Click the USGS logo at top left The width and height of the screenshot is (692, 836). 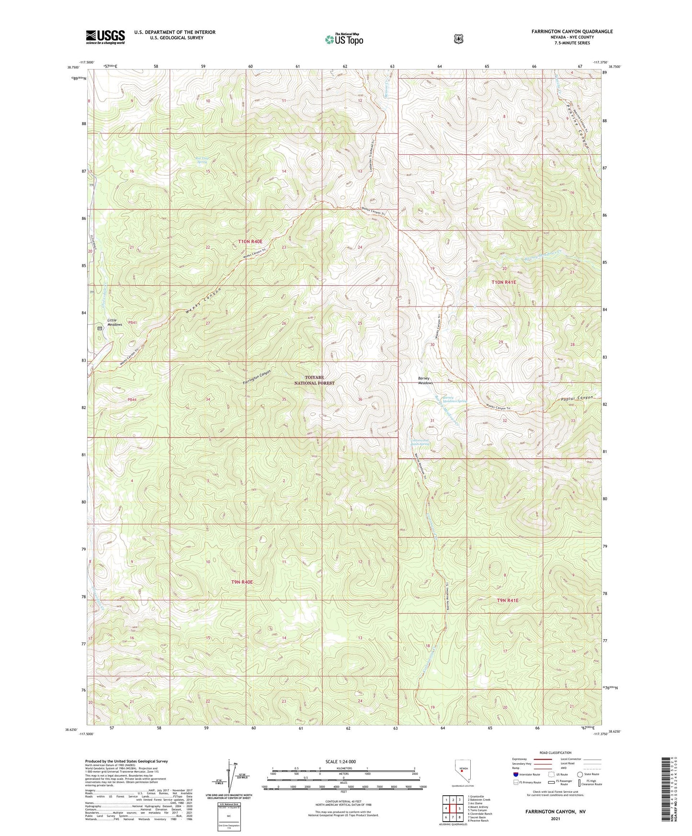coord(105,37)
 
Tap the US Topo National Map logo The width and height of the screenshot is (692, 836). coord(343,39)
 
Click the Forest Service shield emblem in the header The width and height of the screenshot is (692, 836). coord(458,38)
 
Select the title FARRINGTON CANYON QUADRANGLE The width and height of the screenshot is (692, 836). coord(572,32)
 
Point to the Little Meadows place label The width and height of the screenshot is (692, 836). coord(114,322)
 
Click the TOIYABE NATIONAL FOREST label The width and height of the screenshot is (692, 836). coord(314,380)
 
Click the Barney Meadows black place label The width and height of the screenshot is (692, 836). coord(425,381)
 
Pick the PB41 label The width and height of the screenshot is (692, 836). coord(132,323)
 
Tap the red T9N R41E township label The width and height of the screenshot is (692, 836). coord(508,600)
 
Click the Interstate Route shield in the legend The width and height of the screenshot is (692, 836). coord(515,774)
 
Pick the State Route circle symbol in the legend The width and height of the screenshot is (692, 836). coord(579,774)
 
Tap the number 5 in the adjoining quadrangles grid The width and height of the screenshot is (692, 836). coord(460,809)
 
